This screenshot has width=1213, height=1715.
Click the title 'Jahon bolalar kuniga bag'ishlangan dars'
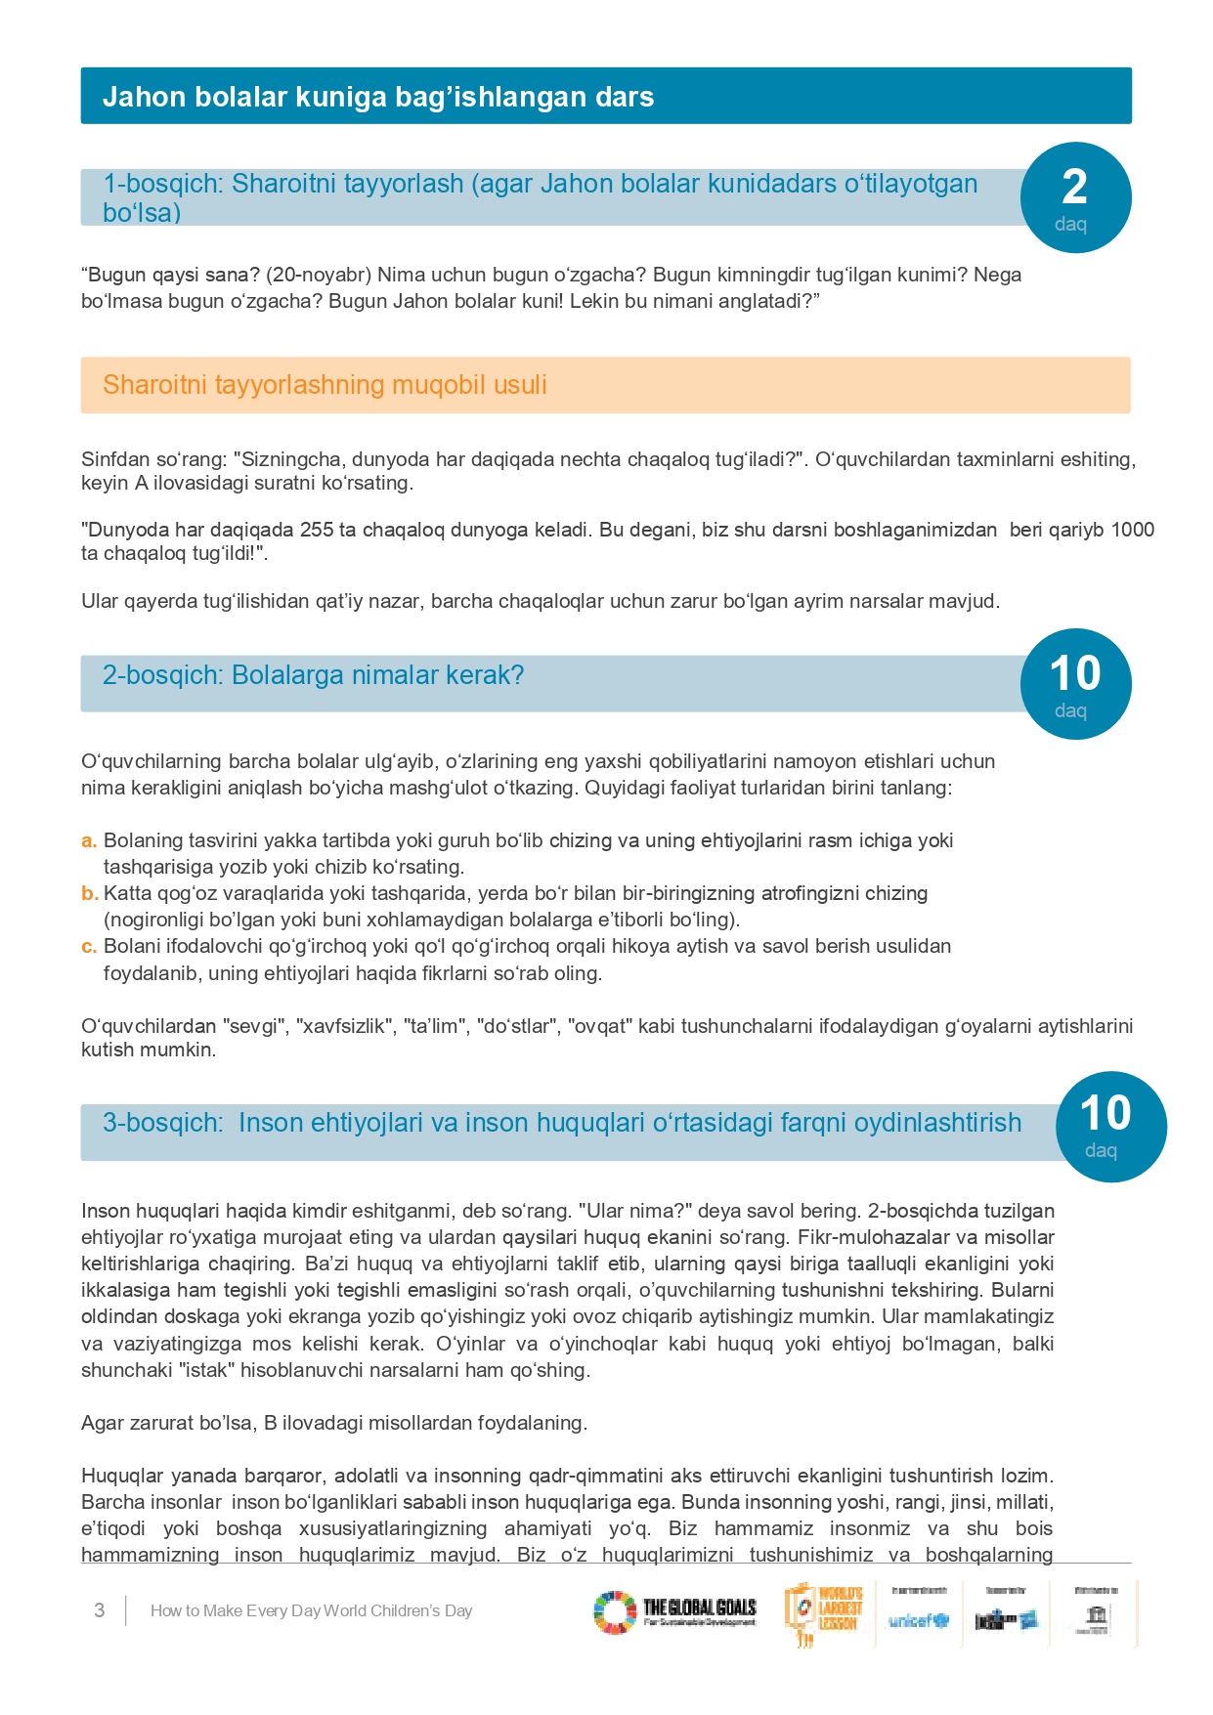pyautogui.click(x=377, y=97)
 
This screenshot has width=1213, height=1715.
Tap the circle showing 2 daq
pyautogui.click(x=1075, y=197)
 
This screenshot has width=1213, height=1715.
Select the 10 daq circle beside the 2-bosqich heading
pyautogui.click(x=1075, y=684)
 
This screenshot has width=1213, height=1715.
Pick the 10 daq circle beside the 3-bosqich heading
pyautogui.click(x=1110, y=1126)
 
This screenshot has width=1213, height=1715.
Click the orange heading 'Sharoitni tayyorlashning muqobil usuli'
pyautogui.click(x=325, y=385)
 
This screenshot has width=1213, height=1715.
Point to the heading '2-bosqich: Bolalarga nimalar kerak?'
pyautogui.click(x=313, y=675)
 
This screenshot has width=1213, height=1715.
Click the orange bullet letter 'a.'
pyautogui.click(x=89, y=840)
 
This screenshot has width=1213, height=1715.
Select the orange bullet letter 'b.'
pyautogui.click(x=89, y=893)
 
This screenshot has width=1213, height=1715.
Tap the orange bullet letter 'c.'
pyautogui.click(x=89, y=946)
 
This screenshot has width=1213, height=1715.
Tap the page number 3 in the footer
pyautogui.click(x=99, y=1610)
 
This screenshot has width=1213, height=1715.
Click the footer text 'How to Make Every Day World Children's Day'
pyautogui.click(x=311, y=1610)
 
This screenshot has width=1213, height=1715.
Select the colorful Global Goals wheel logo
pyautogui.click(x=615, y=1612)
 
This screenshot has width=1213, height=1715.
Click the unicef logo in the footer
pyautogui.click(x=918, y=1620)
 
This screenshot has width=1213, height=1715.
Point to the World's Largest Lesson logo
pyautogui.click(x=824, y=1612)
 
